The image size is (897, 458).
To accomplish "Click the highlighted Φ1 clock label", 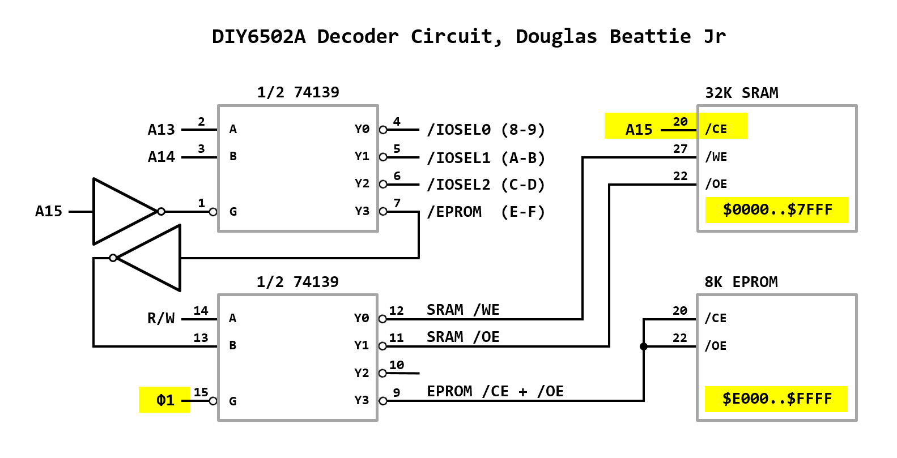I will (165, 400).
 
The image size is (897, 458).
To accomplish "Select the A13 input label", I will (161, 130).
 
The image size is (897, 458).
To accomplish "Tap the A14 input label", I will (161, 157).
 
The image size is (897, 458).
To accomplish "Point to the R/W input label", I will (161, 318).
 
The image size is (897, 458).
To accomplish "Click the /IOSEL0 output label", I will (459, 130).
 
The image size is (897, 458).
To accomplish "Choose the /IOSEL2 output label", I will (459, 185).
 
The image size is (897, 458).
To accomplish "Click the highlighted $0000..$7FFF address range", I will (777, 210).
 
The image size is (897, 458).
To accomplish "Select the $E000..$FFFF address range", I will (776, 399).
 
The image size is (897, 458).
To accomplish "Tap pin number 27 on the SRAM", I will (680, 149).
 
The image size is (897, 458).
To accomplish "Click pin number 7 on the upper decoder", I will (397, 203).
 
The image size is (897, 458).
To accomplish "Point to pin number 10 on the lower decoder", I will (397, 365).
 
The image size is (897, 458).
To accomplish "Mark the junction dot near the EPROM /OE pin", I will (644, 346).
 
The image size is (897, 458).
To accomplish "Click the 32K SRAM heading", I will (741, 93).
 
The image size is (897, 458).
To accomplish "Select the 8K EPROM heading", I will (741, 282).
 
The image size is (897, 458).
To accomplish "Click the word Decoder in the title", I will (358, 37).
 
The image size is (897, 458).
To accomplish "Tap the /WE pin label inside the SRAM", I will (716, 157).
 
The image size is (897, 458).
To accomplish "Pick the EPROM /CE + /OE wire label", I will (495, 392).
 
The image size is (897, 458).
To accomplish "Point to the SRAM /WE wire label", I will (463, 310).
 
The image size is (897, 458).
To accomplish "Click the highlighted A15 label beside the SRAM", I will (639, 130).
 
